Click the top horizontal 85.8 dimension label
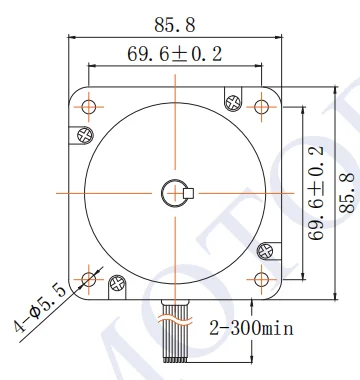[175, 25]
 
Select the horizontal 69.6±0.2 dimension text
[175, 54]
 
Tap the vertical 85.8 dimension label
[347, 193]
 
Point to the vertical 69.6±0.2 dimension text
[316, 193]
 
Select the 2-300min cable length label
[251, 328]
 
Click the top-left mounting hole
[89, 107]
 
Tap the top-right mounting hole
[261, 107]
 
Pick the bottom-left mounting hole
[89, 279]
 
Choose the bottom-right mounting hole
[261, 279]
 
